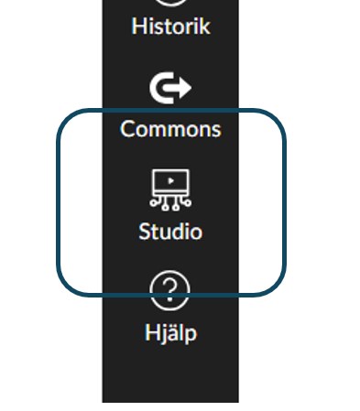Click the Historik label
(170, 27)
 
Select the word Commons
(170, 128)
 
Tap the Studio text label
(170, 232)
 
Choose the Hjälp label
(170, 331)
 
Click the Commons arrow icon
(170, 89)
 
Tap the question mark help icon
(170, 292)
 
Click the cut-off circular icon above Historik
(170, 3)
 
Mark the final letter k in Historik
(205, 27)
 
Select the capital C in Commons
(128, 128)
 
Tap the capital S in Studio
(145, 232)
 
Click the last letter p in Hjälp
(191, 333)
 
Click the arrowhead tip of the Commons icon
(189, 89)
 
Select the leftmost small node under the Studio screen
(154, 202)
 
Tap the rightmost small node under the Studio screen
(187, 202)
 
